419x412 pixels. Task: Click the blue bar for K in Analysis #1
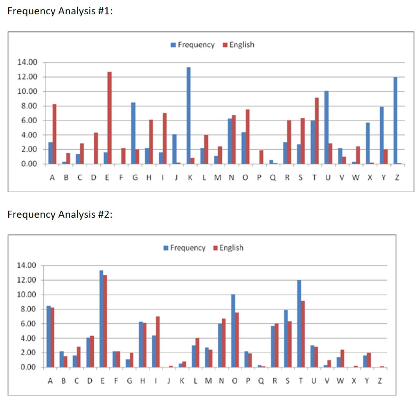(189, 116)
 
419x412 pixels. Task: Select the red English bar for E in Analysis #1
(110, 118)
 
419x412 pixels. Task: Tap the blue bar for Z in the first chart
(395, 121)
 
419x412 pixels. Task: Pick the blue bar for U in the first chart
(327, 128)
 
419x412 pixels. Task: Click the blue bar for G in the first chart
(133, 133)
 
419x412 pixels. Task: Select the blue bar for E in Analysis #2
(101, 319)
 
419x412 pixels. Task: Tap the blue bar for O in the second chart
(233, 331)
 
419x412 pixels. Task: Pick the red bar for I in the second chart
(158, 342)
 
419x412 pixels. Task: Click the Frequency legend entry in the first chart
(192, 45)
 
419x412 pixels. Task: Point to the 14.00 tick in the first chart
(27, 62)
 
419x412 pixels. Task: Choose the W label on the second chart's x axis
(339, 381)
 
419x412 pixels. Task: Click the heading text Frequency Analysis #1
(60, 11)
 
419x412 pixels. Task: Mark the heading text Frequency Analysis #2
(60, 214)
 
